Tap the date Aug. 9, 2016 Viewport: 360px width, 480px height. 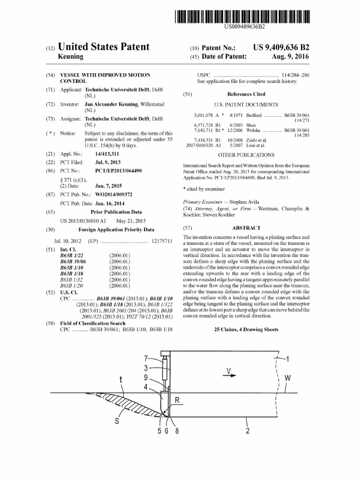click(x=291, y=57)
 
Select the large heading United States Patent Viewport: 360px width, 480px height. click(x=104, y=47)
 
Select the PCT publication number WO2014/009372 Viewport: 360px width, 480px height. click(x=113, y=194)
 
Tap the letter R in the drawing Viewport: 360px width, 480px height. click(x=178, y=399)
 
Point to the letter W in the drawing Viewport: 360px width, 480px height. click(x=287, y=377)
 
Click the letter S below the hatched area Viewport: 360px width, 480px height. click(x=117, y=420)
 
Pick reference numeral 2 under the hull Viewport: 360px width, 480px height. click(x=247, y=432)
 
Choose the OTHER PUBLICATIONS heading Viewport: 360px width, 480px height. click(x=246, y=155)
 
